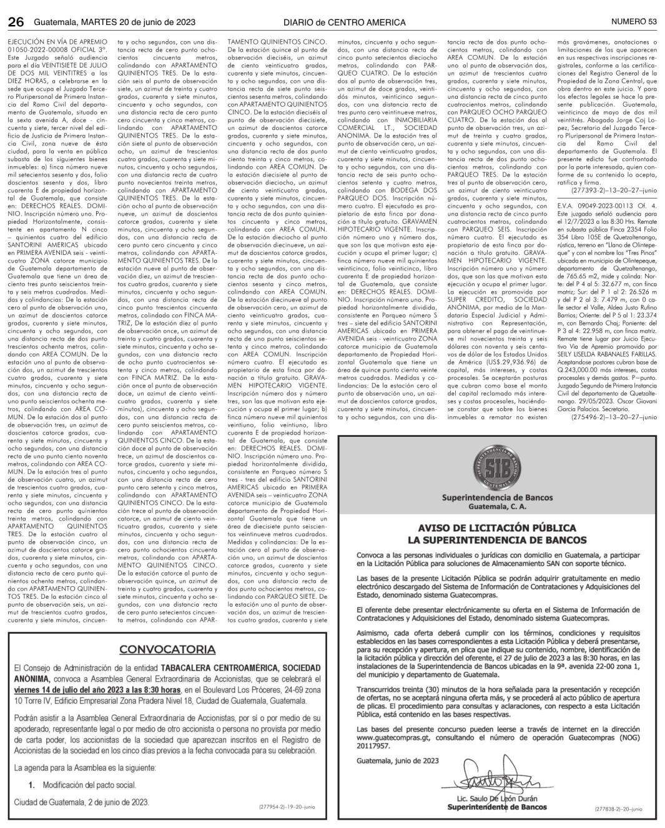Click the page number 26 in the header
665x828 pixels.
[16, 22]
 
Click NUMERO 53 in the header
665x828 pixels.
[634, 22]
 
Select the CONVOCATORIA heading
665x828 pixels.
[167, 649]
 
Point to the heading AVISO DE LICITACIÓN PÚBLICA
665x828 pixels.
[497, 527]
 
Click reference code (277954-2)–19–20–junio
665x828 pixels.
[287, 807]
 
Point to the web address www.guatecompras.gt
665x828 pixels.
[387, 738]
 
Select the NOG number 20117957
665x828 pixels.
[372, 746]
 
